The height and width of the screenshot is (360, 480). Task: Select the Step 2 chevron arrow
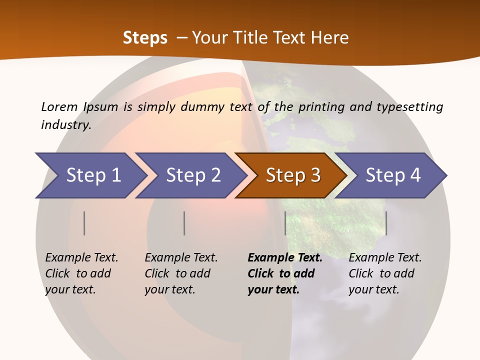tap(193, 175)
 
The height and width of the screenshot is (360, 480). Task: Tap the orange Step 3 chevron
tap(293, 175)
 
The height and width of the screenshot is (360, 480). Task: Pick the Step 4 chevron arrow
tap(393, 175)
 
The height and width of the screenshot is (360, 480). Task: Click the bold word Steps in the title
tap(145, 38)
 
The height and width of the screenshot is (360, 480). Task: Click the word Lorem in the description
tap(59, 106)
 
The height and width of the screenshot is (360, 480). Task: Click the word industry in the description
tap(65, 124)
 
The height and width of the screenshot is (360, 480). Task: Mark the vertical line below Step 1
tap(84, 223)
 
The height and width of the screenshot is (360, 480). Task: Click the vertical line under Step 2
tap(184, 223)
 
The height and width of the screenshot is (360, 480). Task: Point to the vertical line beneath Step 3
tap(285, 223)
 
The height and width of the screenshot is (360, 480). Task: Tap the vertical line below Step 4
tap(386, 223)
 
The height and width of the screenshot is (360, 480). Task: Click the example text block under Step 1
tap(81, 273)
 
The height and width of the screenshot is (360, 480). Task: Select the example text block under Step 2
tap(181, 273)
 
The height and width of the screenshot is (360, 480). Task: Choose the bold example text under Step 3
tap(285, 273)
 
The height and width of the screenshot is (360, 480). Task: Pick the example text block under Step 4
tap(385, 273)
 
